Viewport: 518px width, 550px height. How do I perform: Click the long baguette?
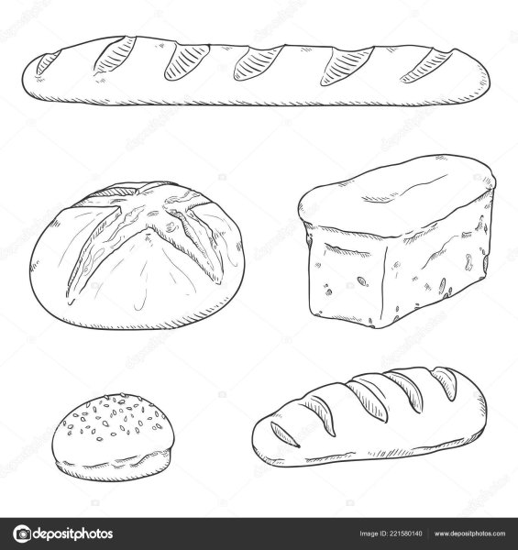click(256, 71)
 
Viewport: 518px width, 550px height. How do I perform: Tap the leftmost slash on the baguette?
click(48, 62)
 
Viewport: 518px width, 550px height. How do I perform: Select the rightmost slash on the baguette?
click(426, 66)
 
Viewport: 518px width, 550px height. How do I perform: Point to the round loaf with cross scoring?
click(137, 256)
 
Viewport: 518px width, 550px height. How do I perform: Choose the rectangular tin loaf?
click(396, 241)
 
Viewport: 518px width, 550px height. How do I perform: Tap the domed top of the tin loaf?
click(396, 196)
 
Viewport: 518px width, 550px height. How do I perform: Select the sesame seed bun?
click(113, 437)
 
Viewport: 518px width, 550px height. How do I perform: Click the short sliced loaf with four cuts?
click(369, 417)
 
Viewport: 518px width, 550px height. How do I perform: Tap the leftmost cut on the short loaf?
click(284, 434)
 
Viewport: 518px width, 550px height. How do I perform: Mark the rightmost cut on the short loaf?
click(445, 383)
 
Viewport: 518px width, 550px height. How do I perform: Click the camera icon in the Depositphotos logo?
click(22, 533)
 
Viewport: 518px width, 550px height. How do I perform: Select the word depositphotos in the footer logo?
click(73, 534)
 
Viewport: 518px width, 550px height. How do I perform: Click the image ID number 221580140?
click(406, 533)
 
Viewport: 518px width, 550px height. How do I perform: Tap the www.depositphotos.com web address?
click(470, 533)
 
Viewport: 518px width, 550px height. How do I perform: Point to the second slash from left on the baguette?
click(115, 55)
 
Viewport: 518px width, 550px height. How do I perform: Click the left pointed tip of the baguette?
click(22, 80)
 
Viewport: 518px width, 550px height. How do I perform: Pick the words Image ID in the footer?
click(373, 533)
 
